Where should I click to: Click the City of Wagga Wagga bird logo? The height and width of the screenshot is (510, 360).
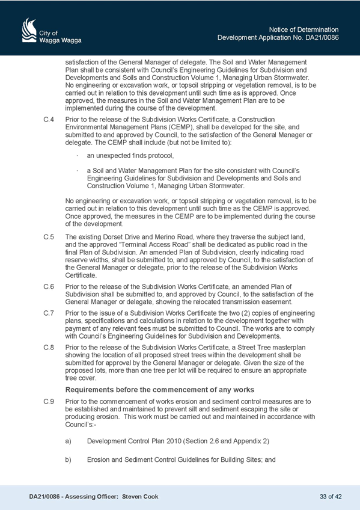tap(29, 30)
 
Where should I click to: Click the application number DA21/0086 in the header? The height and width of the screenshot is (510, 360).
tap(322, 37)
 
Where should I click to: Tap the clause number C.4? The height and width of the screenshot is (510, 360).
tap(49, 119)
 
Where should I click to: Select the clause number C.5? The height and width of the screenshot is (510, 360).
tap(49, 237)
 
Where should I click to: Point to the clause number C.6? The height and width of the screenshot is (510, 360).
tap(49, 286)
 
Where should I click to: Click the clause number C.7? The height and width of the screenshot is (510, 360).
tap(49, 313)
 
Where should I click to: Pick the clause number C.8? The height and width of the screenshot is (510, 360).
tap(49, 348)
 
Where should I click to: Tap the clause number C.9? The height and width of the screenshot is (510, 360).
tap(49, 401)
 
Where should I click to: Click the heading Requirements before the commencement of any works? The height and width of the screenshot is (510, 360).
tap(160, 390)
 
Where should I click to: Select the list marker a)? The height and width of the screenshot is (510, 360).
tap(69, 441)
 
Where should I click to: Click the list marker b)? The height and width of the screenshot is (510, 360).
tap(69, 460)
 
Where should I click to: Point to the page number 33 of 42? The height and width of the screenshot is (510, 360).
tap(331, 497)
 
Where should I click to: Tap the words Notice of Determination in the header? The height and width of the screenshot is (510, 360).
tap(304, 29)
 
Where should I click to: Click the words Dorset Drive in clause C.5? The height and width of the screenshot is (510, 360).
tap(119, 237)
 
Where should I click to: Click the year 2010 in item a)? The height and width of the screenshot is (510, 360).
tap(174, 441)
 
